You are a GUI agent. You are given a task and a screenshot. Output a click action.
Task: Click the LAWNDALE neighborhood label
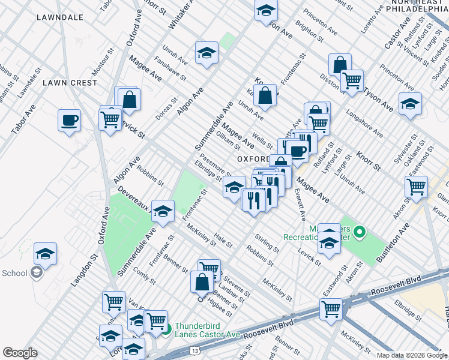click(x=59, y=17)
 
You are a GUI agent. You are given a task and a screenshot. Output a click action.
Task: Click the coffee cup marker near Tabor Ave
click(x=70, y=120)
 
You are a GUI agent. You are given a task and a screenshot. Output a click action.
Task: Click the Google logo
click(x=20, y=353)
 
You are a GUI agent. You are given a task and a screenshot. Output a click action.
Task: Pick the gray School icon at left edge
click(x=37, y=273)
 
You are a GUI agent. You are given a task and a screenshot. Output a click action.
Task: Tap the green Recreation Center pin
click(x=360, y=232)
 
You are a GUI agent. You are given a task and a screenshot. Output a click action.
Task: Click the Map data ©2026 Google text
click(x=411, y=355)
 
